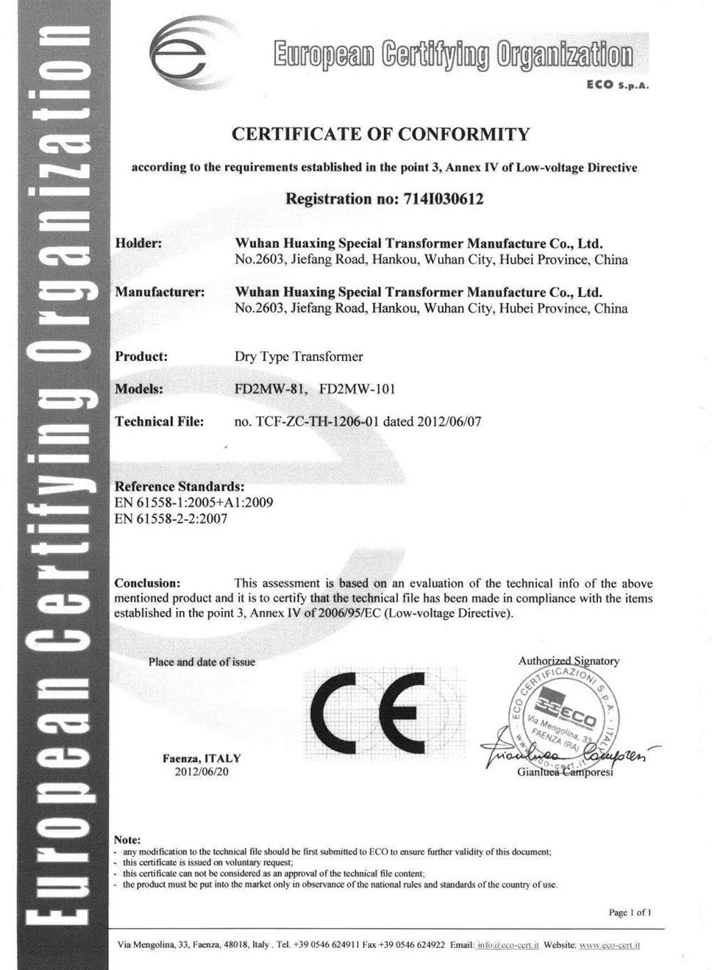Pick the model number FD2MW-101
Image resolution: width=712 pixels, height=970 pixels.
[357, 389]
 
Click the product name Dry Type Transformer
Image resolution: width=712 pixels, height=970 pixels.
[298, 356]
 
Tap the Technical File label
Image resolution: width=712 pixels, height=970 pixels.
[159, 422]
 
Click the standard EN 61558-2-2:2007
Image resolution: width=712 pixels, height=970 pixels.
[171, 518]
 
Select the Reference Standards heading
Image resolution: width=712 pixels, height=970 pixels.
[179, 486]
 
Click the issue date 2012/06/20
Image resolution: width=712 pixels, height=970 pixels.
[202, 771]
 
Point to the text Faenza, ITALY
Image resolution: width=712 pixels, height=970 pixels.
[202, 758]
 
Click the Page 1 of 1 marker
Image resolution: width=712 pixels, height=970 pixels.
[630, 912]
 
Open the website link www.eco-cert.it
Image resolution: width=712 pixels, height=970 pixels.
[609, 945]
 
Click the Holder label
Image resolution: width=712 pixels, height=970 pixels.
[139, 243]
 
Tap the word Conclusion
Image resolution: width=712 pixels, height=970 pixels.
[147, 583]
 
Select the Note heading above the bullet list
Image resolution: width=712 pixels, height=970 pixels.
[127, 840]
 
